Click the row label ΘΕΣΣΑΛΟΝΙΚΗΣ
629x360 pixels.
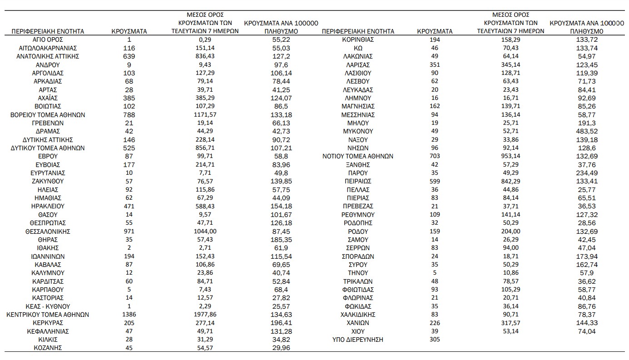tap(48, 232)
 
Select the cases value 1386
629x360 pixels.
tap(129, 315)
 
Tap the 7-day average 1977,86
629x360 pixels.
tap(205, 315)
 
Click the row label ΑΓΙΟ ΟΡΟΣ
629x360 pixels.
tap(48, 39)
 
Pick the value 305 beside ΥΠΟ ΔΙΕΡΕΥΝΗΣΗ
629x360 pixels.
tap(435, 340)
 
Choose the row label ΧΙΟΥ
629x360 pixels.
tap(358, 331)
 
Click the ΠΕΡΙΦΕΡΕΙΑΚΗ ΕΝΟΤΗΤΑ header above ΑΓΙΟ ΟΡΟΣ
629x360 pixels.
tap(48, 31)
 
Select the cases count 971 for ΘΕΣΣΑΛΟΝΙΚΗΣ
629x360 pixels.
tap(129, 232)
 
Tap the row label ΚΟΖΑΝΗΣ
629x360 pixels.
tap(48, 348)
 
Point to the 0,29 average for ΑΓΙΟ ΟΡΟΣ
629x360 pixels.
tap(205, 39)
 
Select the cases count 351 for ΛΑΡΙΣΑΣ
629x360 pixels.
tap(435, 64)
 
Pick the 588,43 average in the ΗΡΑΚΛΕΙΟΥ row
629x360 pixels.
tap(205, 206)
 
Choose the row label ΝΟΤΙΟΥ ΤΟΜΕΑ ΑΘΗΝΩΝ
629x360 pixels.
tap(358, 156)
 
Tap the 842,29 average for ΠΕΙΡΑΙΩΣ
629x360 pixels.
tap(510, 181)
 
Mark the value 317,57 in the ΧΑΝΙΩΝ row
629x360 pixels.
tap(510, 323)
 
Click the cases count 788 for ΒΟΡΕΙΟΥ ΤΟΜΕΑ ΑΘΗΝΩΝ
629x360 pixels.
tap(129, 114)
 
